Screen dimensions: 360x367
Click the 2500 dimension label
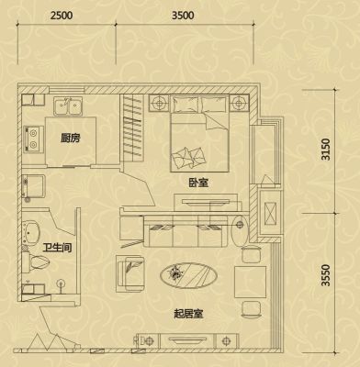(62, 16)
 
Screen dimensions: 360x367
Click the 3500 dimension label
(183, 16)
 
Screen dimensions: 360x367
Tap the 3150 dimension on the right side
(326, 150)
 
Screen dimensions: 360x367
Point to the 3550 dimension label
(326, 275)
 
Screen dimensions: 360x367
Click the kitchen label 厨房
(70, 139)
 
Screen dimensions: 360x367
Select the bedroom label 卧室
(198, 183)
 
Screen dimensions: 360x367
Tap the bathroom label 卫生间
(57, 248)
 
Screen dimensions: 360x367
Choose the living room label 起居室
(188, 314)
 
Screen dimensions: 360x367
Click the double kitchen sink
(68, 106)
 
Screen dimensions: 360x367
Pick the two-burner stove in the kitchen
(33, 139)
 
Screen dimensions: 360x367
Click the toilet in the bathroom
(36, 261)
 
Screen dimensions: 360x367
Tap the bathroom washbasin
(31, 231)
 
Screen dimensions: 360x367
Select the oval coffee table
(188, 275)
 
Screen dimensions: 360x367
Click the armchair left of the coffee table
(130, 273)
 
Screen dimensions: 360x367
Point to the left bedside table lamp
(160, 103)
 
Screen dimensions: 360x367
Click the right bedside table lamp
(240, 103)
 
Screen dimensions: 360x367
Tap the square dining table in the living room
(250, 282)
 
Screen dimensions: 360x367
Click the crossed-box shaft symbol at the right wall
(270, 213)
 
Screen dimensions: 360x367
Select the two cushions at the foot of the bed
(187, 157)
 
